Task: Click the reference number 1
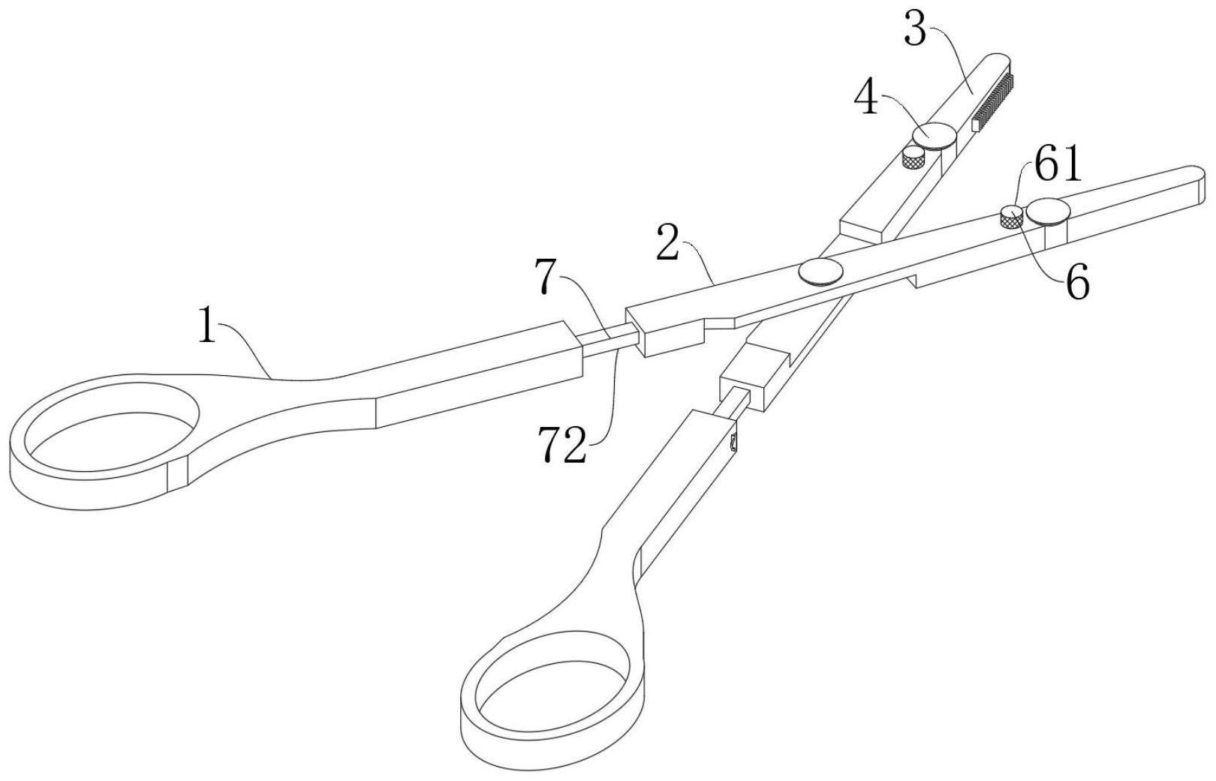click(208, 327)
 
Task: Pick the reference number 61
click(1058, 166)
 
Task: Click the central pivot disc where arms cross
click(819, 271)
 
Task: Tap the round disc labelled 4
click(934, 135)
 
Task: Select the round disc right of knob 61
click(1049, 211)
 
